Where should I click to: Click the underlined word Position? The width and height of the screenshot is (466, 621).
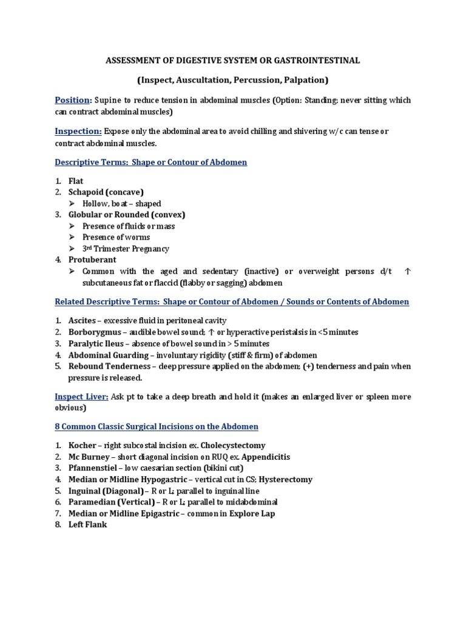73,100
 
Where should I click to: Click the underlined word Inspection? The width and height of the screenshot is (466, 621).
78,131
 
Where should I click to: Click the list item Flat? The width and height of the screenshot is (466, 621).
75,181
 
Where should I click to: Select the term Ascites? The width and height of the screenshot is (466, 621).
81,320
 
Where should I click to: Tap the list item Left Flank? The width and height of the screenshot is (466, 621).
87,525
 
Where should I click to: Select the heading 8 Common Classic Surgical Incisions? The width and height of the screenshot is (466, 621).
157,427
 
